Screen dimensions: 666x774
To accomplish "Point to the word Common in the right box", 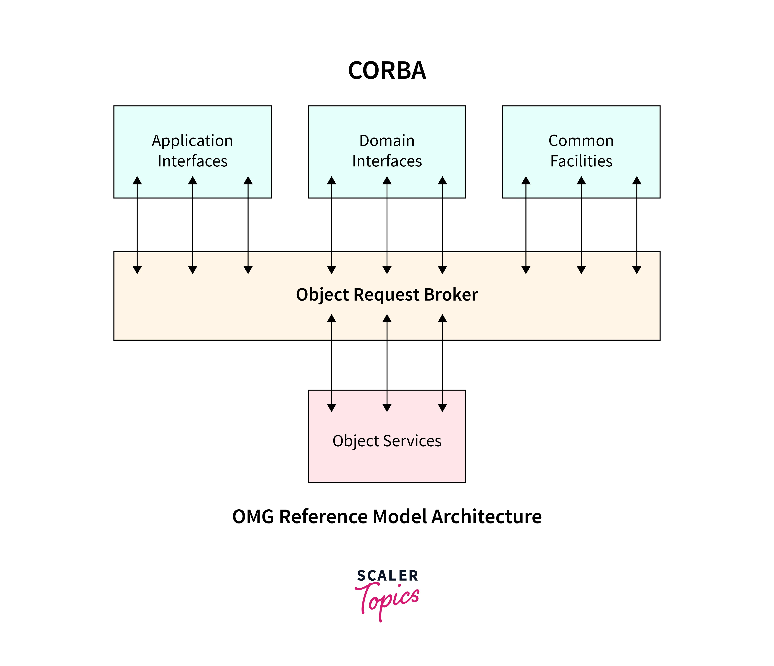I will pyautogui.click(x=581, y=141).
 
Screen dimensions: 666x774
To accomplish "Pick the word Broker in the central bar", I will pyautogui.click(x=451, y=295).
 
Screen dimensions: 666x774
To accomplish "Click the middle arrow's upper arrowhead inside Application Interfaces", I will pyautogui.click(x=192, y=181).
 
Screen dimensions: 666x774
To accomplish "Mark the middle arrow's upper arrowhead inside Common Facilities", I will pyautogui.click(x=581, y=181).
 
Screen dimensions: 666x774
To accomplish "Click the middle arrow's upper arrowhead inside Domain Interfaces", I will pyautogui.click(x=387, y=181).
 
